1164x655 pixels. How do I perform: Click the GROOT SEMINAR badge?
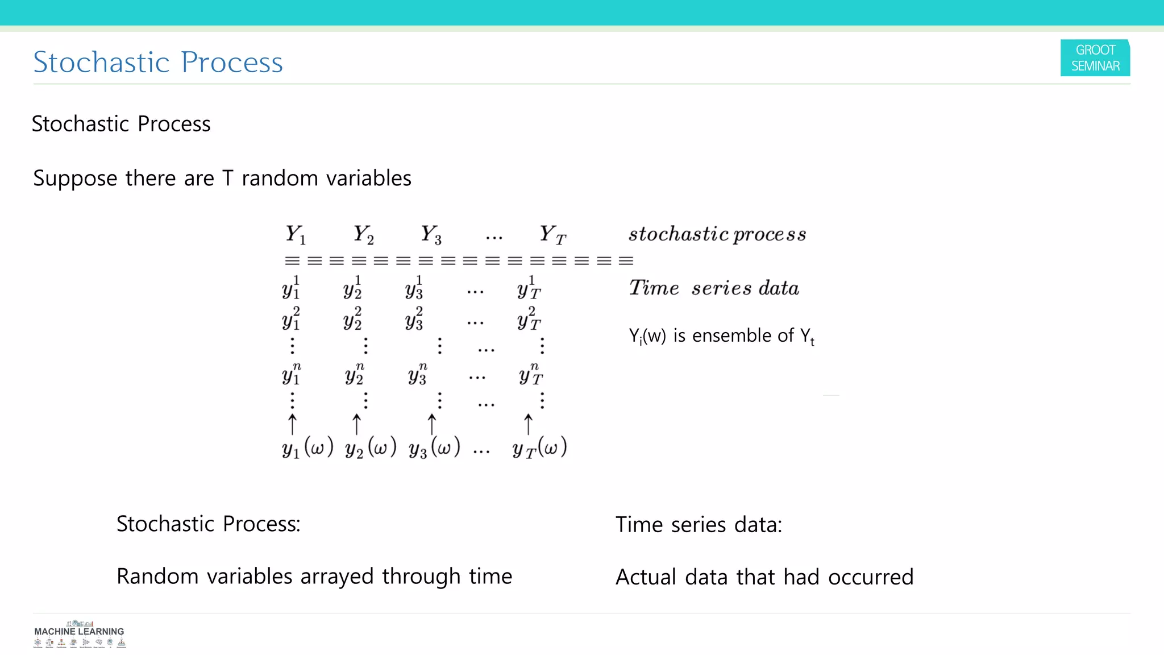click(1095, 58)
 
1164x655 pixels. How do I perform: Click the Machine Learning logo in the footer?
click(79, 635)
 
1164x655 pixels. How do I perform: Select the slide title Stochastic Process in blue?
click(158, 62)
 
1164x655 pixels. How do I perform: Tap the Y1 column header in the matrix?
click(296, 234)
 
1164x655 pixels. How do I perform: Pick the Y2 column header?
click(364, 234)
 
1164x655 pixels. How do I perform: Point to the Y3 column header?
click(431, 234)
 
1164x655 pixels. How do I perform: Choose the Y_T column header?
click(552, 234)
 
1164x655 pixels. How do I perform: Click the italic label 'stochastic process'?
click(717, 234)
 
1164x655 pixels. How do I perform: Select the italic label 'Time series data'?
click(714, 288)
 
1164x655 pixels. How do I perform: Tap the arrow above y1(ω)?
click(292, 424)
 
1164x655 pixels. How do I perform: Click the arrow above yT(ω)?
click(528, 424)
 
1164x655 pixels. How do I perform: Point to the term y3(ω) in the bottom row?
click(434, 448)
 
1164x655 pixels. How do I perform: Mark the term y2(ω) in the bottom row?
click(371, 448)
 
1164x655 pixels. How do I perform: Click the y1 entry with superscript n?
click(292, 374)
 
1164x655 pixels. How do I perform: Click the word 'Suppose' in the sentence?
click(75, 179)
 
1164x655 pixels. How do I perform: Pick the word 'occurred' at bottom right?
click(871, 577)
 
